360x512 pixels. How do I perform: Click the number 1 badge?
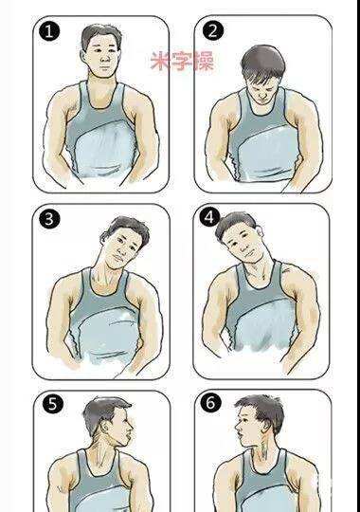[49, 31]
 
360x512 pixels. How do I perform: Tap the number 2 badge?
[212, 30]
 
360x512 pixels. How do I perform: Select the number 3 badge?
[49, 218]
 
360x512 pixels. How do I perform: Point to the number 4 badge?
[209, 217]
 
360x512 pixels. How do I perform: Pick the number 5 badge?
[52, 405]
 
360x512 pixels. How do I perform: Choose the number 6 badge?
[210, 403]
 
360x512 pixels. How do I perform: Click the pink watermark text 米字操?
[182, 61]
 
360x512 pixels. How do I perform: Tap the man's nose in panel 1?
[105, 59]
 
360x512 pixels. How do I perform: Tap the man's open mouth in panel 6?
[241, 435]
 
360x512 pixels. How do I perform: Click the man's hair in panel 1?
[101, 37]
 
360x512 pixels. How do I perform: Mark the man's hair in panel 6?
[263, 408]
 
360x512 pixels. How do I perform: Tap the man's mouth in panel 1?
[104, 68]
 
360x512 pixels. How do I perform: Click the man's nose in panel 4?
[241, 248]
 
